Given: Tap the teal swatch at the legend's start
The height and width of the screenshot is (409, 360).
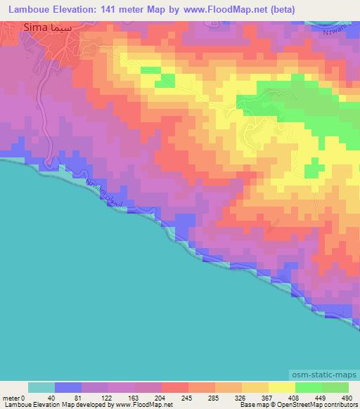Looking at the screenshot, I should (41, 387).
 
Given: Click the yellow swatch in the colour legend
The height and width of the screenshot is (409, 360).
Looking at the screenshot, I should (281, 387).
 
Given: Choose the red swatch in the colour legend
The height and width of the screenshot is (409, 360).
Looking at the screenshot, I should (174, 387).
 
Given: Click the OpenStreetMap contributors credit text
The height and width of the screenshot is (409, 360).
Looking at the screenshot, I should (309, 405).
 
